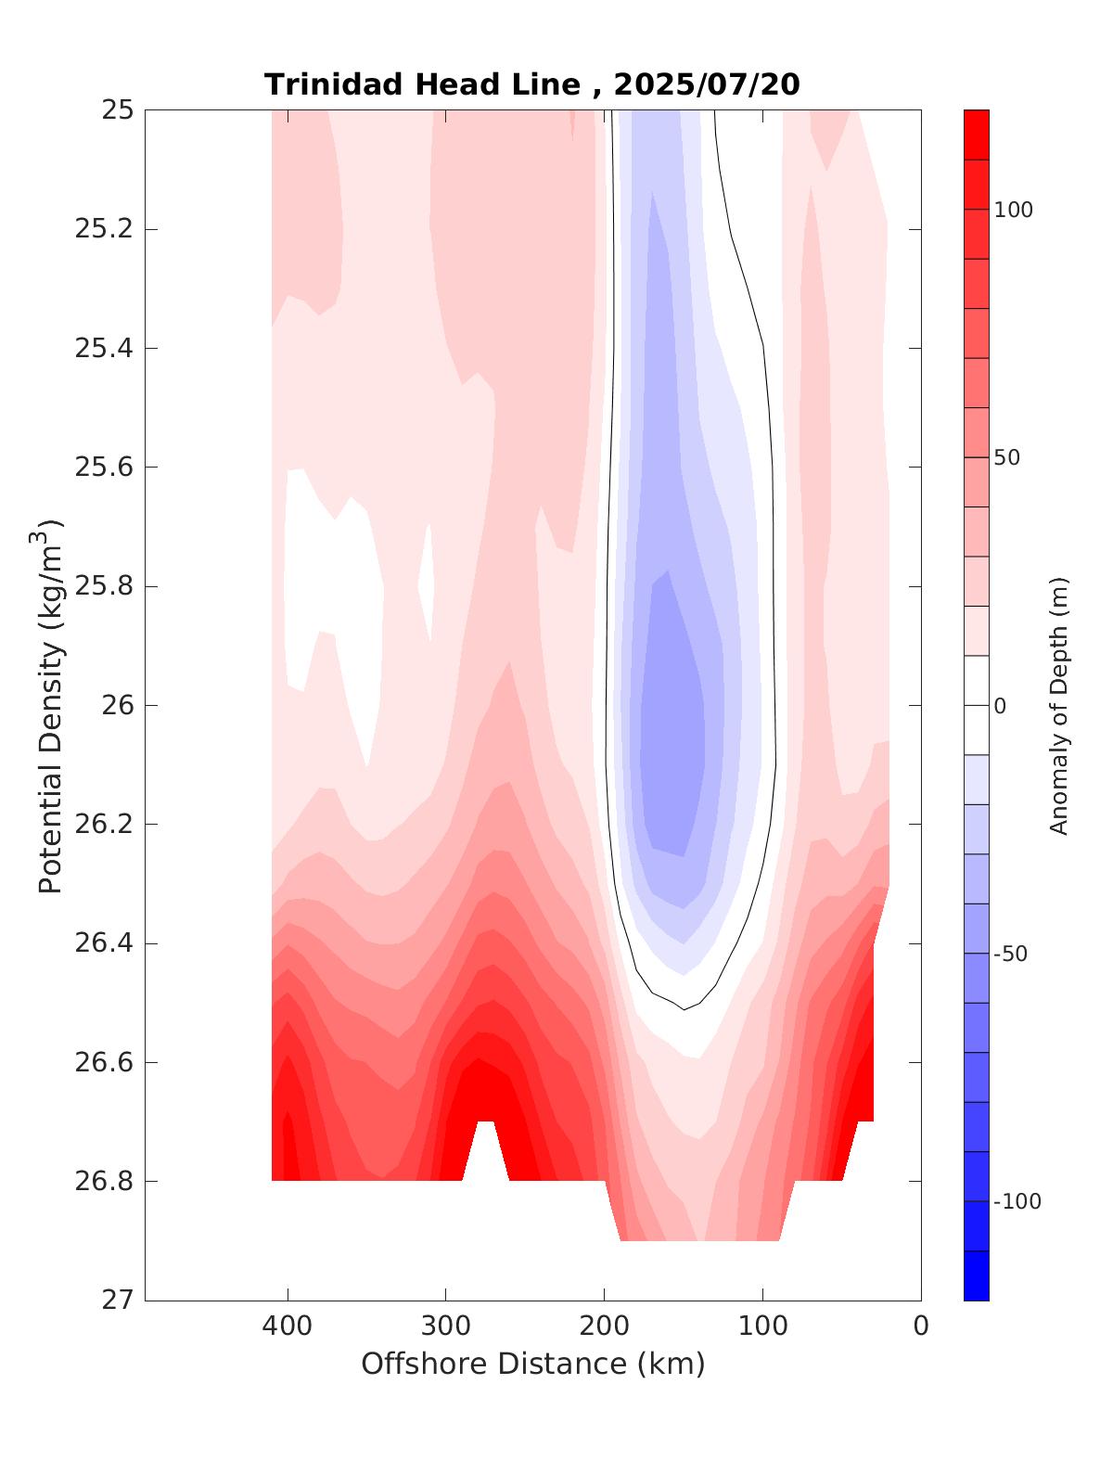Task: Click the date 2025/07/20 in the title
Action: pos(707,84)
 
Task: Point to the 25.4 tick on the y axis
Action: pos(104,349)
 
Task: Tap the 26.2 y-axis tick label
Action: pos(104,825)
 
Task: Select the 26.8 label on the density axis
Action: pos(104,1182)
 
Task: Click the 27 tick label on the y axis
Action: pos(118,1301)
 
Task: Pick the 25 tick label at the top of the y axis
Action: pos(118,110)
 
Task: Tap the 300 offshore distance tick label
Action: pos(446,1326)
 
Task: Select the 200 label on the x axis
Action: pos(605,1326)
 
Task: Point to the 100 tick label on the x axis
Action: pos(763,1326)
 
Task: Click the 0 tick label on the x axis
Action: pos(921,1326)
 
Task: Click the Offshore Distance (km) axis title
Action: pos(532,1365)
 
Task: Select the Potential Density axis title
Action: pos(50,705)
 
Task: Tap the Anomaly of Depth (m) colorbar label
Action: pos(1059,705)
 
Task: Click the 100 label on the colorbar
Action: pos(1014,211)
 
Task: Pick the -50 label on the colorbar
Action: pos(1010,955)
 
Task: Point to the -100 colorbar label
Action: pos(1017,1202)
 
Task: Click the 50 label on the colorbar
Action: pos(1008,458)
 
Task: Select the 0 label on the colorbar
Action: pos(1000,706)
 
